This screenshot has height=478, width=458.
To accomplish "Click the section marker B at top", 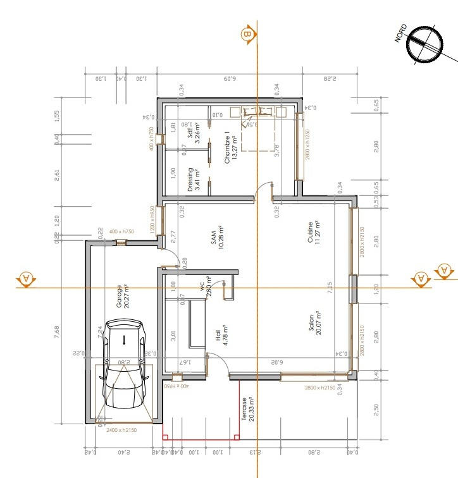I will click(x=247, y=34).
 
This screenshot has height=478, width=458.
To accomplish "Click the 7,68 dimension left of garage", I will click(x=57, y=333).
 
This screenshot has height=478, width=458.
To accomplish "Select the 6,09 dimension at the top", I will click(x=228, y=79).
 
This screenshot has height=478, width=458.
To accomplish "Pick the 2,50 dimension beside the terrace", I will click(x=376, y=410).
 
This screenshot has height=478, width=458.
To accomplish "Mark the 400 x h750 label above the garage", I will click(x=122, y=231).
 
